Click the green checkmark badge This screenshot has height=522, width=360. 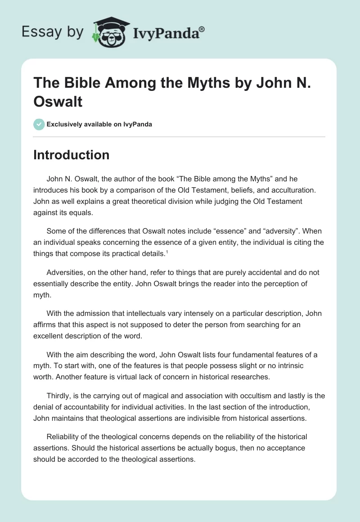coord(39,124)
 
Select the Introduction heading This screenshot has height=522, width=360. coord(71,155)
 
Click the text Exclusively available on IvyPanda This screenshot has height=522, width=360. coord(99,124)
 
